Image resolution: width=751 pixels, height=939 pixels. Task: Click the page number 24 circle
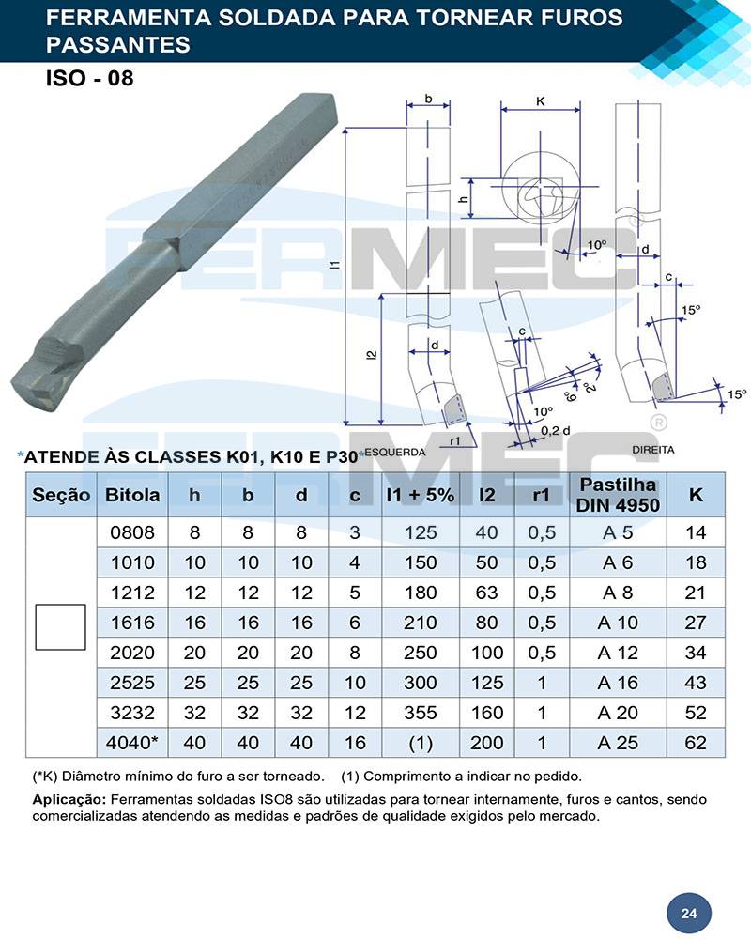point(689,914)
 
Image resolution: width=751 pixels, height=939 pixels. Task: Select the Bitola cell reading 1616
point(132,623)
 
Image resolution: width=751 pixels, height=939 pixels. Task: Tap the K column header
point(696,495)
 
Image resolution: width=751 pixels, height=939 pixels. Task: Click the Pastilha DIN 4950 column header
point(618,495)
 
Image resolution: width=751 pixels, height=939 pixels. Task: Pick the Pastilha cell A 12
point(618,653)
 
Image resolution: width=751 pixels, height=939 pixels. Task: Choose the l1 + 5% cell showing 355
point(421,713)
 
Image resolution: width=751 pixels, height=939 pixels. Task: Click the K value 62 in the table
point(696,743)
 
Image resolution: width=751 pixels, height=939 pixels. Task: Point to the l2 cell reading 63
point(486,593)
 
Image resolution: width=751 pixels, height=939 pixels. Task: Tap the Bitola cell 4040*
point(132,743)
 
